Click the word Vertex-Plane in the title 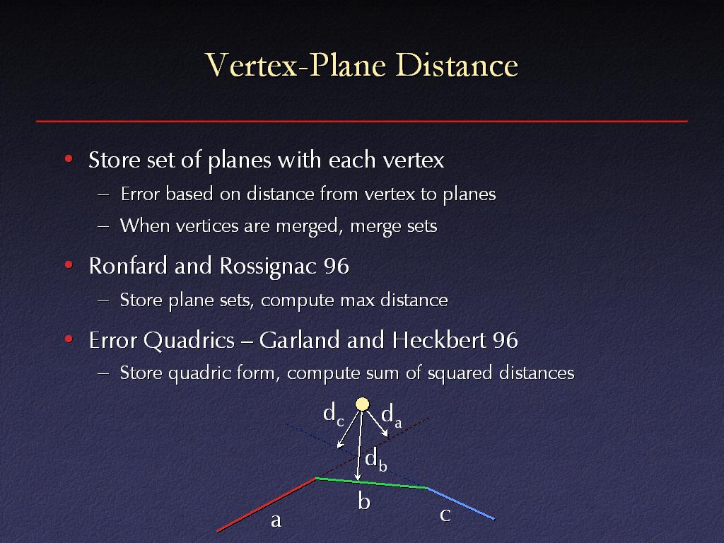(296, 64)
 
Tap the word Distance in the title (457, 64)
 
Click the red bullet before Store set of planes (69, 159)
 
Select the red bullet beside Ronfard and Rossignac (69, 265)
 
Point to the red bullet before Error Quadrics (69, 339)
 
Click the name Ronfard (128, 266)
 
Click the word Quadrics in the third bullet (189, 341)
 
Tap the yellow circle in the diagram (363, 404)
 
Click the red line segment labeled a (266, 505)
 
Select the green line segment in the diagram (370, 483)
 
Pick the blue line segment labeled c (460, 503)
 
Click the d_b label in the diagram (375, 460)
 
